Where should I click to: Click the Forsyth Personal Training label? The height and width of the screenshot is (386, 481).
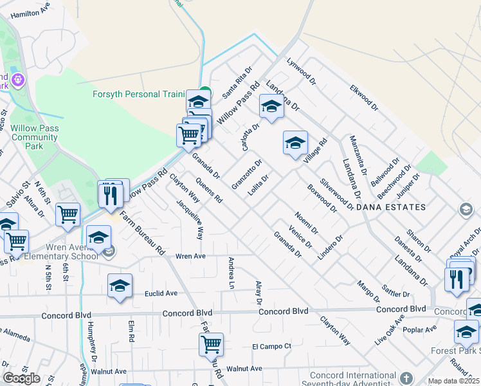point(138,94)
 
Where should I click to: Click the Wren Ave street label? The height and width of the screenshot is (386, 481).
point(190,256)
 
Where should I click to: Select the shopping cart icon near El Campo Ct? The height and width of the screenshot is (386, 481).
point(211,344)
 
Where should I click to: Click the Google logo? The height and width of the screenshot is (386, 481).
point(21,378)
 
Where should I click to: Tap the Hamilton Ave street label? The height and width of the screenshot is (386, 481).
point(30,12)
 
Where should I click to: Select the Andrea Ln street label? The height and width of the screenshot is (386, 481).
point(230,273)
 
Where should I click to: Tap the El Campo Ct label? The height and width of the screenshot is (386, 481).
point(271,346)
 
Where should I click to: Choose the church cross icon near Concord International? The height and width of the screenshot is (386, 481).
point(406,378)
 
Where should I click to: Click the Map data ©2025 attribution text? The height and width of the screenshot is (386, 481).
point(453,381)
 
